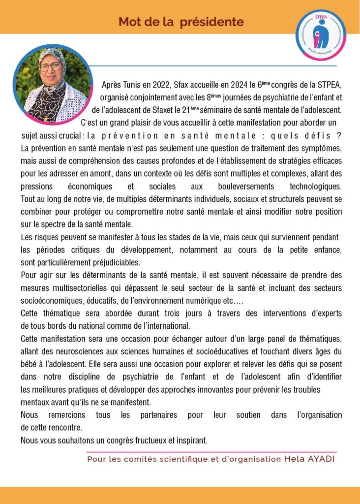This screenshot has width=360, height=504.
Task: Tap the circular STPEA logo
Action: coord(321,35)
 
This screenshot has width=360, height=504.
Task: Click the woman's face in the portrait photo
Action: coord(51,68)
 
